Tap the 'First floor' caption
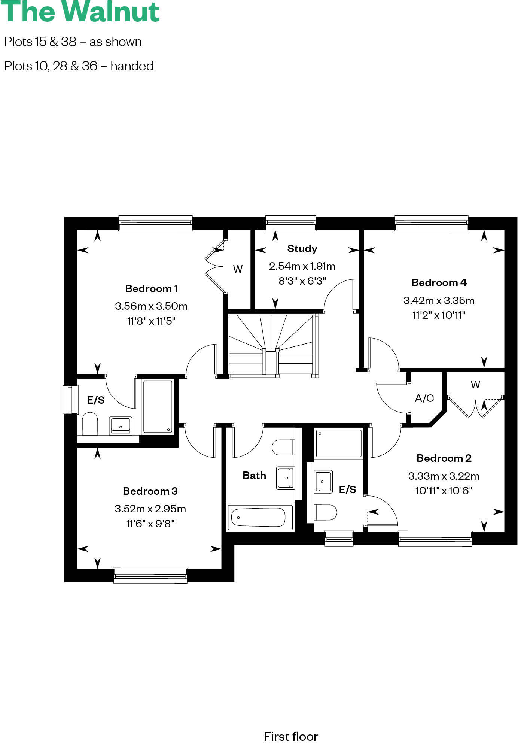(291, 736)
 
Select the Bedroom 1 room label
(151, 288)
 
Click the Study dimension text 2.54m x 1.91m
(302, 266)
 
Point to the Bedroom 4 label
(439, 282)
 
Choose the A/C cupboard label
(424, 398)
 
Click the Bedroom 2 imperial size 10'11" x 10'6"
(444, 491)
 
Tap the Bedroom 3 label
(150, 491)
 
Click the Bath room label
(254, 475)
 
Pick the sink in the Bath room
(285, 478)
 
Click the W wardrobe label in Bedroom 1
(238, 269)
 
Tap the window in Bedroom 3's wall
(150, 575)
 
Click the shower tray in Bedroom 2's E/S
(339, 443)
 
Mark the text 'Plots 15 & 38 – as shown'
(73, 42)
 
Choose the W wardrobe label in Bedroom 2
(475, 385)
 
